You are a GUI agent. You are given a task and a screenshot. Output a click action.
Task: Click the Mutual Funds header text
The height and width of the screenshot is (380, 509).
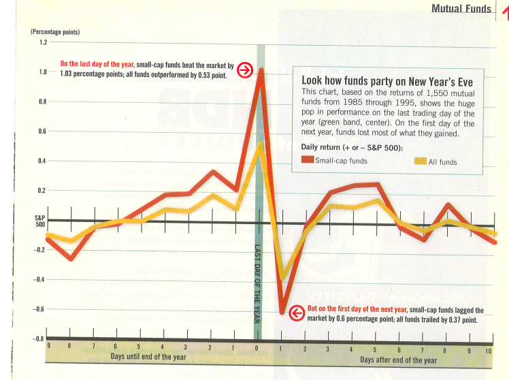pos(461,8)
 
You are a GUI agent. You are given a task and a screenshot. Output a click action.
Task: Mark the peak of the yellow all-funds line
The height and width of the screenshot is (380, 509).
pos(259,144)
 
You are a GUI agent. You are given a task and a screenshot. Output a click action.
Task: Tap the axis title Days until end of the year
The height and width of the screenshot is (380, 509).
pos(148,357)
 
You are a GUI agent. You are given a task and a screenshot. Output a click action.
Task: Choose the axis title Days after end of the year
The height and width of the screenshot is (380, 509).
pos(399,360)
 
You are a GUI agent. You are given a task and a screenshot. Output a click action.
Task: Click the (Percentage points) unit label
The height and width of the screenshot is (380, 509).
pos(54,32)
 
